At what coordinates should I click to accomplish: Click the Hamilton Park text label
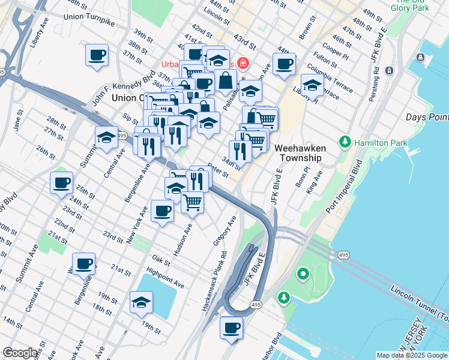click(x=381, y=143)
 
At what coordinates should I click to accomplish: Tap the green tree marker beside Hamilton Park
click(x=345, y=142)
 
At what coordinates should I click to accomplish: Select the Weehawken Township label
click(x=298, y=152)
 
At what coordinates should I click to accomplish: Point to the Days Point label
click(x=426, y=117)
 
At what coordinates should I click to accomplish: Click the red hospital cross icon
click(x=243, y=63)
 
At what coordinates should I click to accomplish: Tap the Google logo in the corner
click(x=20, y=353)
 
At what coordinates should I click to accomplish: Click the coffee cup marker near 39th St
click(x=97, y=55)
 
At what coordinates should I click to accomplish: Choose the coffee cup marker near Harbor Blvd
click(x=231, y=327)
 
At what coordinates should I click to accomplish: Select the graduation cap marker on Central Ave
click(x=106, y=137)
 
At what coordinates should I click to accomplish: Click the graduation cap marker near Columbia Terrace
click(x=312, y=85)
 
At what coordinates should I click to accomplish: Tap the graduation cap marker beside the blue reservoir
click(x=141, y=302)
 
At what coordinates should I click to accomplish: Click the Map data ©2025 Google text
click(x=412, y=355)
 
